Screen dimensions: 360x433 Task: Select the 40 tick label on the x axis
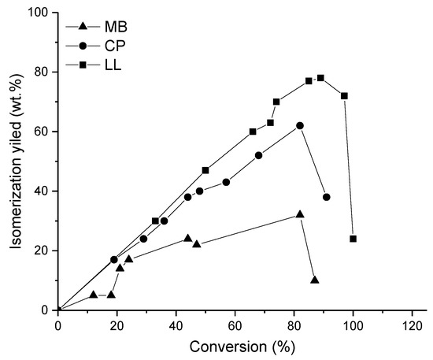coord(176,325)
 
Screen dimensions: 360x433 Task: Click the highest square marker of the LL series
coord(320,78)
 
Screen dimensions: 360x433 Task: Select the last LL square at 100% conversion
coord(353,239)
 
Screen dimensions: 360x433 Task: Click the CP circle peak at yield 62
coord(300,125)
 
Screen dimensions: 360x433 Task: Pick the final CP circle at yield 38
coord(326,197)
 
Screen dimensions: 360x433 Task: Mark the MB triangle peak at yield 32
coord(300,214)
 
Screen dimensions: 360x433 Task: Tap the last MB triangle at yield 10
coord(315,280)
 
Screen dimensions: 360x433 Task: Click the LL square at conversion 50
coord(205,170)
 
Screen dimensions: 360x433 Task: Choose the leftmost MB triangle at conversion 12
coord(93,295)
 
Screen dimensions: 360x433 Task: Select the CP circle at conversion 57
coord(226,182)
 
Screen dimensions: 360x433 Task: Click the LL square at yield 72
coord(344,96)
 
